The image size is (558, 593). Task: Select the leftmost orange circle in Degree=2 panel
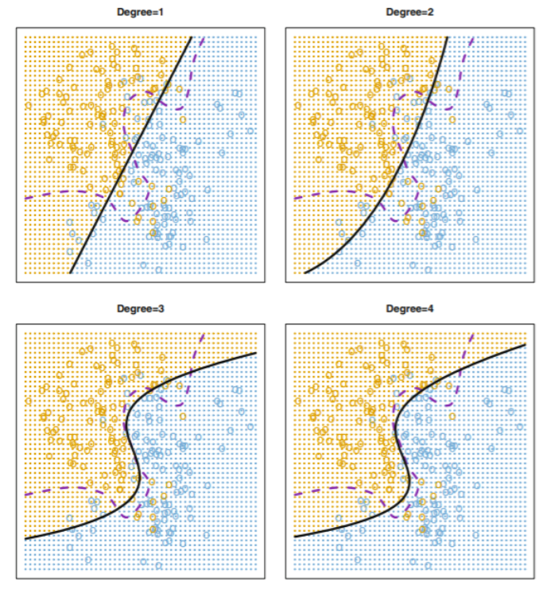298,105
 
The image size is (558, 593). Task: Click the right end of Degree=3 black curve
256,353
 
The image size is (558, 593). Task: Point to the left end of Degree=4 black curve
295,537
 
